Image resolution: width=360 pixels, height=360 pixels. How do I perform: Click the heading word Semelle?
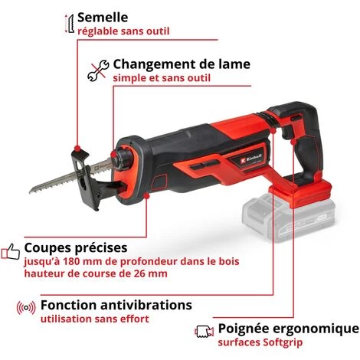(103, 18)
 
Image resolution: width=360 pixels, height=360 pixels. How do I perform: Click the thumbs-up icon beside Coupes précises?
(11, 251)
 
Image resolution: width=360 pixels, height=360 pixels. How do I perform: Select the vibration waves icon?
(26, 308)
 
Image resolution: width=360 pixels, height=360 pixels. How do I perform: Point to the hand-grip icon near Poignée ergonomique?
(205, 332)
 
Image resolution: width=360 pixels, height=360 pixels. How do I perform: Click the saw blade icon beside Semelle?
(70, 24)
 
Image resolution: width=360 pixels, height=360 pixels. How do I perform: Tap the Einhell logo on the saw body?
(251, 159)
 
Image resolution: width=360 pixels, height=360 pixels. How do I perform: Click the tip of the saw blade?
(30, 191)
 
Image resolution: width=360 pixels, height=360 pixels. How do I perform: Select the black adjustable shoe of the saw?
(87, 178)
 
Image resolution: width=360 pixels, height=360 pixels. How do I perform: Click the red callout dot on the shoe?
(77, 148)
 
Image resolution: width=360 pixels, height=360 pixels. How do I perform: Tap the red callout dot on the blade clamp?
(113, 154)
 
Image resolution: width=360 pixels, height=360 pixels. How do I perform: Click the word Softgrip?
(283, 342)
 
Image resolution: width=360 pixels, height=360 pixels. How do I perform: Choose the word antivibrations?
(146, 305)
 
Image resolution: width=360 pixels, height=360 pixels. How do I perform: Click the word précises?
(103, 247)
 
